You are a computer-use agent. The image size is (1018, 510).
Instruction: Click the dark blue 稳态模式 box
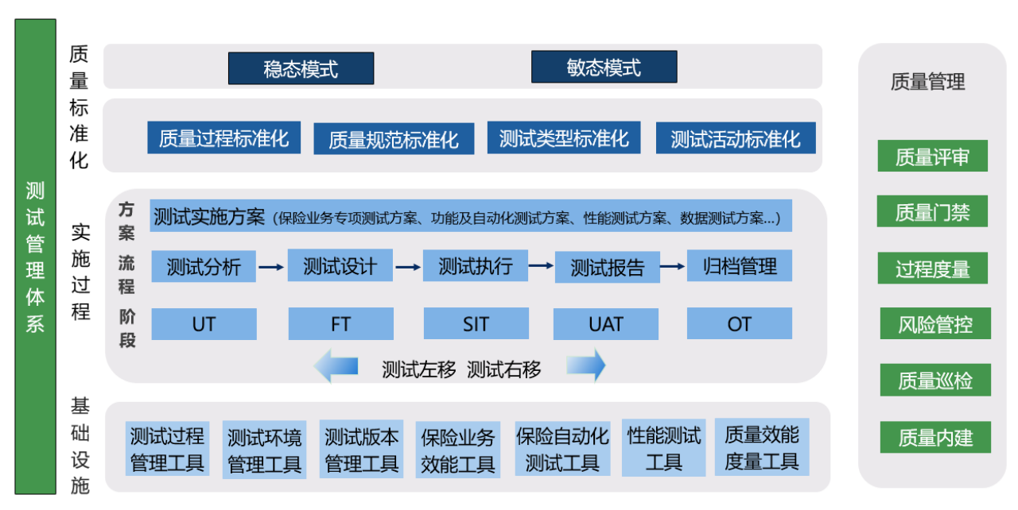point(301,68)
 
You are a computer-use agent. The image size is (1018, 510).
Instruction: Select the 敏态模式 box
point(604,68)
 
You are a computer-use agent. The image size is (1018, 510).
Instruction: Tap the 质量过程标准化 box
point(223,137)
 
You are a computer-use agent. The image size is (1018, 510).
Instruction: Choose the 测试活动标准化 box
point(736,138)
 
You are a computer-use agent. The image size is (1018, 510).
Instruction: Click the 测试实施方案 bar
point(471,216)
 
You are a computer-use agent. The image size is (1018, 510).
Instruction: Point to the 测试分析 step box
point(204,266)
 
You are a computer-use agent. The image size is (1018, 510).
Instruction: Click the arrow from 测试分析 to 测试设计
point(271,267)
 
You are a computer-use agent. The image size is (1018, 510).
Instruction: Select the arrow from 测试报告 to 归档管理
point(673,266)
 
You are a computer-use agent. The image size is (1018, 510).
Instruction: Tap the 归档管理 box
point(740,265)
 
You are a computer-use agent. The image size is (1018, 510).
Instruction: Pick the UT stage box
point(204,324)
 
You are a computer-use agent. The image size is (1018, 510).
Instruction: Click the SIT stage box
point(476,323)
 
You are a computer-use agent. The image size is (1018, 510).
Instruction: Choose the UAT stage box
point(606,324)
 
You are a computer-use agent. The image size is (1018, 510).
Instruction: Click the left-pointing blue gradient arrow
point(336,365)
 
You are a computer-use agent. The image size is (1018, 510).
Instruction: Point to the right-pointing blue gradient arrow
point(586,365)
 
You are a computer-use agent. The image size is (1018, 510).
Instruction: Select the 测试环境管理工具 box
point(264,450)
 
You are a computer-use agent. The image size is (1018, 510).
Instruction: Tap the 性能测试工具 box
point(663,448)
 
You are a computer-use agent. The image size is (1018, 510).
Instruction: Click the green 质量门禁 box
point(932,211)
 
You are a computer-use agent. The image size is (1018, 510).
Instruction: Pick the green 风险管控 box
point(935,323)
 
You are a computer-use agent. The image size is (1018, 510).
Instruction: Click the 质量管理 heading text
point(927,82)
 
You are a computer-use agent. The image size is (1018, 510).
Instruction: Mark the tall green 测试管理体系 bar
point(36,257)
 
